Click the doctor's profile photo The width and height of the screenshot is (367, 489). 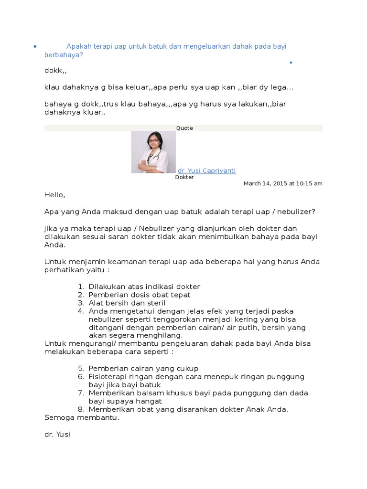tap(153, 152)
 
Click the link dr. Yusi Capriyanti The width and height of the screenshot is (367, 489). tap(206, 170)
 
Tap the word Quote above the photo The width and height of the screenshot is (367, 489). tap(184, 128)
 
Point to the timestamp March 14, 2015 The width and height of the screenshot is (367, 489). tap(283, 183)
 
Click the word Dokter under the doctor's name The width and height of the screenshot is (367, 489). tap(184, 177)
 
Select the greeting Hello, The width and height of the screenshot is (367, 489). tap(54, 195)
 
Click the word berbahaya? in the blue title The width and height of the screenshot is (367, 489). tap(64, 55)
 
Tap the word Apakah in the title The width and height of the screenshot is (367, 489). tap(79, 46)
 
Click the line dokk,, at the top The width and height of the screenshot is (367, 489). tap(55, 71)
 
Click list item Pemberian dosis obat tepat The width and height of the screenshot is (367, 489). tap(140, 295)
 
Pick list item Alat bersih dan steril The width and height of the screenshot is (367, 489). tap(127, 303)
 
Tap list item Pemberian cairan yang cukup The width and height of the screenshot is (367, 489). tap(143, 368)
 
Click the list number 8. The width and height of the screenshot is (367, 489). tap(81, 409)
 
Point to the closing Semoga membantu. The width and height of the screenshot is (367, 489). tap(82, 417)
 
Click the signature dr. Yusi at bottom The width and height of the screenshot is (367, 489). tap(57, 435)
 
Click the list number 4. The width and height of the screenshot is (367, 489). tap(81, 311)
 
